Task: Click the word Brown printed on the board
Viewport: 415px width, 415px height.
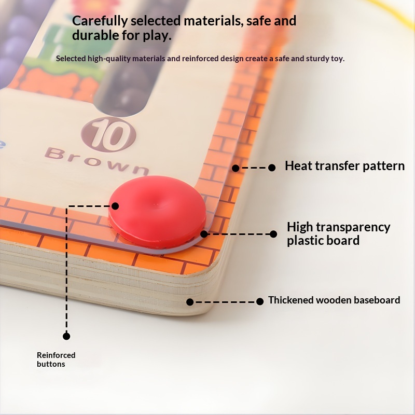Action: pos(96,160)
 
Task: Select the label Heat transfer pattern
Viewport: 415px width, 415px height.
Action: pos(344,167)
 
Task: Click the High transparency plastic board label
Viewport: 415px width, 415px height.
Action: pos(338,233)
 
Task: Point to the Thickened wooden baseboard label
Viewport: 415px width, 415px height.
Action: pos(334,300)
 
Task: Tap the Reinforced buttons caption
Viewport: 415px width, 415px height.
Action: pos(56,359)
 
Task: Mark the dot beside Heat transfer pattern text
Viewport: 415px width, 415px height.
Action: pos(272,168)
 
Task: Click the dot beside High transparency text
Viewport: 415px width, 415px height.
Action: pos(273,234)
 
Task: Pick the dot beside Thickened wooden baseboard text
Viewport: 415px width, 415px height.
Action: pos(260,301)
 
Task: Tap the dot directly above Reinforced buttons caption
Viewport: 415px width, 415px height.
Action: pos(66,336)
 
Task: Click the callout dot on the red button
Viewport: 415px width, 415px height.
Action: pos(115,206)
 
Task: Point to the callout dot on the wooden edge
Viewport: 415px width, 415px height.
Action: pos(190,301)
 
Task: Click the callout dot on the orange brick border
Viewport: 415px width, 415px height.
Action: pos(236,168)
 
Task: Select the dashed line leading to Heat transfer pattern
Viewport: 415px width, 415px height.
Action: pos(254,168)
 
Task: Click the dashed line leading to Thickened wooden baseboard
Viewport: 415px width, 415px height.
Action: pos(225,301)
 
